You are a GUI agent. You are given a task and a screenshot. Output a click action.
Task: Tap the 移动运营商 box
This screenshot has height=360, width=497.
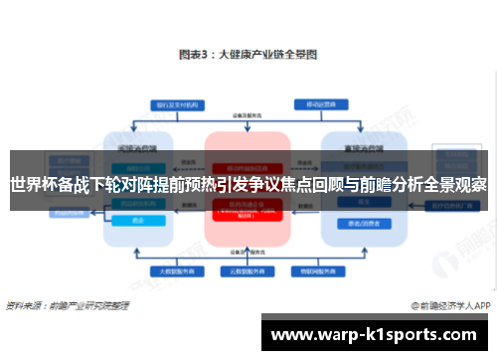point(319,102)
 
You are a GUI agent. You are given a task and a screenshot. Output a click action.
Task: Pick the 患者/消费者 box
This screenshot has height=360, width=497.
point(356,223)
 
